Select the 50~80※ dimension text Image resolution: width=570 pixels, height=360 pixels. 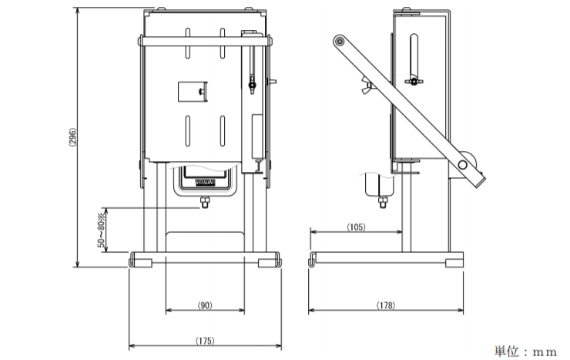[x=101, y=230]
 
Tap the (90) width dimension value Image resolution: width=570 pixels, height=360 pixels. [x=205, y=306]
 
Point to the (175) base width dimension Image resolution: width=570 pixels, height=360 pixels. [x=205, y=340]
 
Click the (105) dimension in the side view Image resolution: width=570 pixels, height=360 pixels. [x=355, y=227]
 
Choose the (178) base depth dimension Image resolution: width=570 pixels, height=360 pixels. [x=387, y=306]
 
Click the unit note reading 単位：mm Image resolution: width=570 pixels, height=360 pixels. [x=525, y=352]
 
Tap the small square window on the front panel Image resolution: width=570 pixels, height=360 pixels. [x=190, y=92]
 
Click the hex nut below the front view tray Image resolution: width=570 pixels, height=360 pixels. [x=205, y=203]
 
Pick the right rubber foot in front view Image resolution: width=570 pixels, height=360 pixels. [x=269, y=262]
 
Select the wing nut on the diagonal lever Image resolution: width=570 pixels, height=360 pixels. [x=369, y=86]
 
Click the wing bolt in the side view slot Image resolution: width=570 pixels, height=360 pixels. [x=414, y=81]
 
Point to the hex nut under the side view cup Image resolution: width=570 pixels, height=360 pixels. [x=382, y=204]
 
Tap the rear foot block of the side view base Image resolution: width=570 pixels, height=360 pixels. [x=454, y=262]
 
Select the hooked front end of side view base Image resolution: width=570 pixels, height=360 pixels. [x=313, y=259]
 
